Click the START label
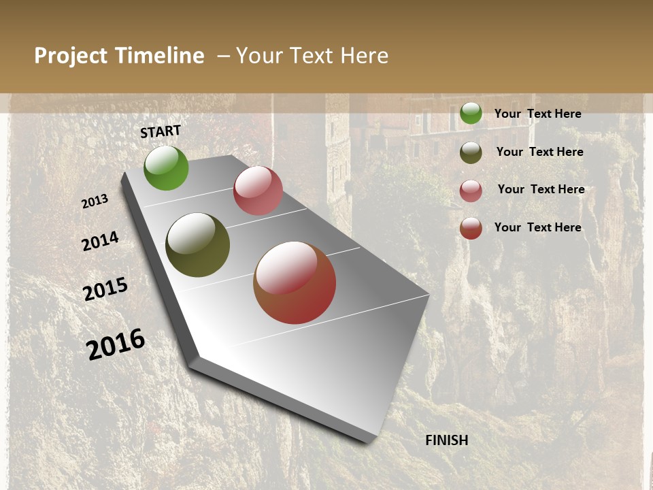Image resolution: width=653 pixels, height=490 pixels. (161, 131)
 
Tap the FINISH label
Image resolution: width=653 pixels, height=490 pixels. (447, 440)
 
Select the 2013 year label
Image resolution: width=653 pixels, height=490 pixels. (95, 201)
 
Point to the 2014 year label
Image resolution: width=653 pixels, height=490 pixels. (101, 242)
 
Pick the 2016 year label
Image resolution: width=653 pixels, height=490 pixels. (116, 344)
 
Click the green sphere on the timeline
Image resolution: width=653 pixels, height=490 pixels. (166, 168)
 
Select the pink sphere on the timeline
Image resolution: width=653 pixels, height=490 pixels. (258, 191)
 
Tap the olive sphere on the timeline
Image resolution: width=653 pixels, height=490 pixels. (197, 245)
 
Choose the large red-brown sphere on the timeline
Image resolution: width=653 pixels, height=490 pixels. (295, 282)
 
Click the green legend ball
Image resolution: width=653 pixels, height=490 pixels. (471, 113)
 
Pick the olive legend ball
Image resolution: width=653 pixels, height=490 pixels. (471, 152)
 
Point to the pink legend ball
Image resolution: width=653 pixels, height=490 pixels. (471, 191)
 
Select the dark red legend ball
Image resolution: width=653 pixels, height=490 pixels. (471, 228)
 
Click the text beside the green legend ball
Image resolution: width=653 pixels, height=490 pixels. (537, 114)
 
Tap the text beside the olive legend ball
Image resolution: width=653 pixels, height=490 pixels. (539, 152)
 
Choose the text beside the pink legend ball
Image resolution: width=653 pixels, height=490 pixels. (541, 189)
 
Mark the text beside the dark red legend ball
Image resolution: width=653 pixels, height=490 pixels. (537, 227)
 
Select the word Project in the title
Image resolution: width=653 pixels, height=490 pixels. (71, 56)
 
